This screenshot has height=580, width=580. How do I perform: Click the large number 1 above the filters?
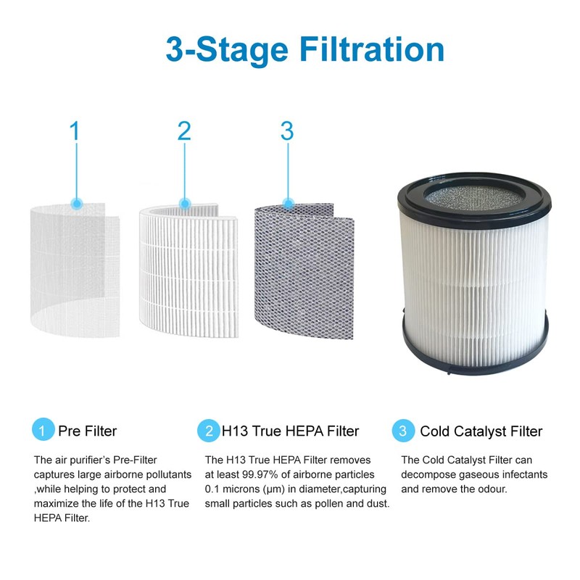(x=75, y=132)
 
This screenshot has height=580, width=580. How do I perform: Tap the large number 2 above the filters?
(x=184, y=132)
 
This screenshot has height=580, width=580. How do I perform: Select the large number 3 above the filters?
(x=287, y=132)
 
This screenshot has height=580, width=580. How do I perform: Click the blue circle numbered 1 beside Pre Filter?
(x=43, y=431)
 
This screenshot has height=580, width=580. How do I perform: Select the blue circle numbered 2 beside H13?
(x=209, y=431)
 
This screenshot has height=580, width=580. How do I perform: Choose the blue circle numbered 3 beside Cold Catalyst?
(x=403, y=431)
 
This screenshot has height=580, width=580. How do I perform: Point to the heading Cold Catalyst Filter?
(x=481, y=431)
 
